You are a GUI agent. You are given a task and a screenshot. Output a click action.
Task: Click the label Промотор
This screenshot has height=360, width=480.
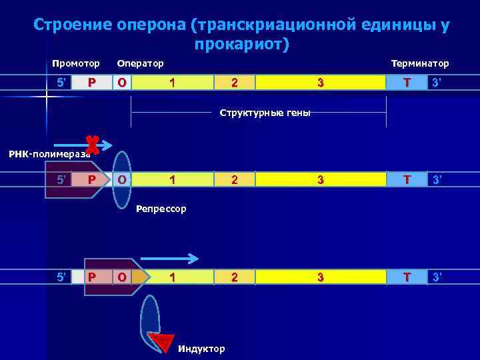click(76, 63)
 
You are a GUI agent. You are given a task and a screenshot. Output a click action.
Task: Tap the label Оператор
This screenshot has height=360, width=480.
click(140, 63)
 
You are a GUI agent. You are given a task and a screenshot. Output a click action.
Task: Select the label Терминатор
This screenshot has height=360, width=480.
click(420, 63)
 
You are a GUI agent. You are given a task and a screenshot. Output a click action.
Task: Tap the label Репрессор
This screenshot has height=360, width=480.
click(161, 209)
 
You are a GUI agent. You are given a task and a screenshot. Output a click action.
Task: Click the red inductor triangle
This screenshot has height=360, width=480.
click(161, 341)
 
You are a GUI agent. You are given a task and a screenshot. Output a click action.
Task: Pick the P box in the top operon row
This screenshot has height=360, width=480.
click(93, 83)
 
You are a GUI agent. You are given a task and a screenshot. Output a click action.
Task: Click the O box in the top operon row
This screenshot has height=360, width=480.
click(120, 83)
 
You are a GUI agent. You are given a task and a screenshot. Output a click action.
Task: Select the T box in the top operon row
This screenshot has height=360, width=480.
click(406, 83)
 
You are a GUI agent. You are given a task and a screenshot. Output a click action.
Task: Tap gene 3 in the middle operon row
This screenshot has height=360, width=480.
click(321, 179)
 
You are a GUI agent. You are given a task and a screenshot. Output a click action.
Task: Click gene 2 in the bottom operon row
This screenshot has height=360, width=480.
click(233, 277)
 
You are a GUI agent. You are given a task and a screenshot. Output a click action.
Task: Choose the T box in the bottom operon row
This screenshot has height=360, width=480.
click(406, 277)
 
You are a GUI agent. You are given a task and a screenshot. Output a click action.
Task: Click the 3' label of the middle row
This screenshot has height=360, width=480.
click(436, 179)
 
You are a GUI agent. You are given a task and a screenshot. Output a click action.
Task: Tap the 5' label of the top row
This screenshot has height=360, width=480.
click(61, 83)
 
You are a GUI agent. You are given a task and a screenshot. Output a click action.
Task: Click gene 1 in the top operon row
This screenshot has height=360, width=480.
click(173, 83)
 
